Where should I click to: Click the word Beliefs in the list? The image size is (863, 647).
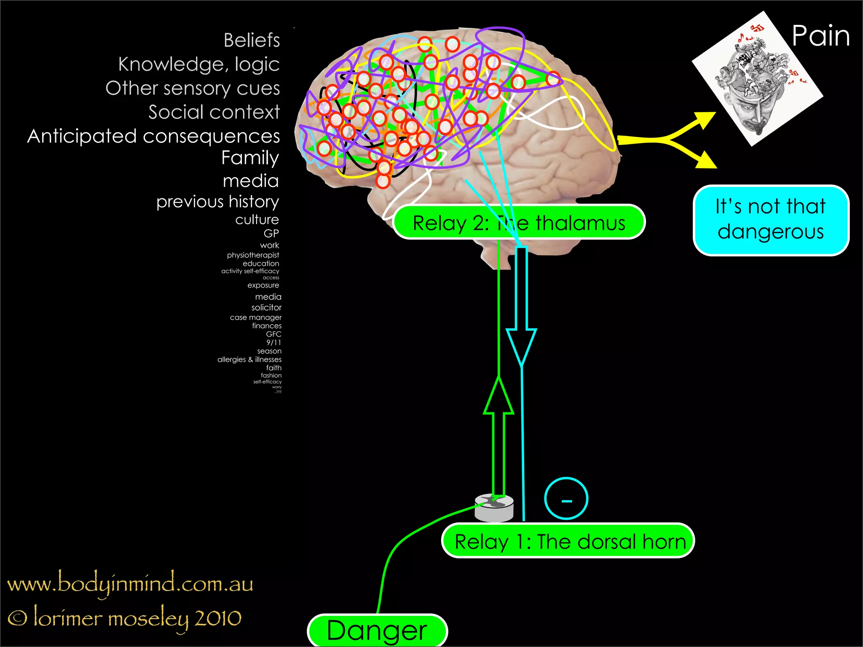tap(252, 40)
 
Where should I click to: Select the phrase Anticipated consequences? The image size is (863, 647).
tap(153, 136)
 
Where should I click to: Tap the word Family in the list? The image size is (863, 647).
tap(250, 158)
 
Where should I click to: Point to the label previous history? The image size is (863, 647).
tap(217, 202)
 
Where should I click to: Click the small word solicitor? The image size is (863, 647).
tap(266, 308)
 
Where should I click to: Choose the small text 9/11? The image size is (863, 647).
tap(273, 342)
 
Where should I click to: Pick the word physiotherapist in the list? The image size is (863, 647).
tap(253, 255)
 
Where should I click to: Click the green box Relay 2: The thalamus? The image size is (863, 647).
tap(519, 223)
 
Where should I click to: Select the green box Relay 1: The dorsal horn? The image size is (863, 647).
tap(568, 541)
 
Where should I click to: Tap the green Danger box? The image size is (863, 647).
tap(377, 631)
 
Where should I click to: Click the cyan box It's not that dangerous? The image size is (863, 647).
tap(771, 220)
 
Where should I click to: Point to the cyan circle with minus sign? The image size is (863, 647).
tap(566, 499)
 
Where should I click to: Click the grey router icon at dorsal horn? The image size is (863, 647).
tap(494, 508)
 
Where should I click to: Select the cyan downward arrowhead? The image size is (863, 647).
tap(521, 345)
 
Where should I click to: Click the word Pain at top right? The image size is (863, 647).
tap(820, 36)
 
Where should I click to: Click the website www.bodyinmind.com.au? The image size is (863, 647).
tap(130, 584)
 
